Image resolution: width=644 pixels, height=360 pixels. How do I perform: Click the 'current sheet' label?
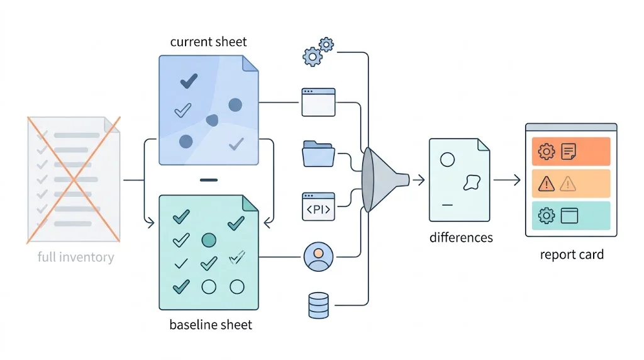point(208,42)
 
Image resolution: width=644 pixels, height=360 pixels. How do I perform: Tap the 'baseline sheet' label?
point(211,325)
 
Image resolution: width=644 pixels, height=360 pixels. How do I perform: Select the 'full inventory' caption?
point(75,257)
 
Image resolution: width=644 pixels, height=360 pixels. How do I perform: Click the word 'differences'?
point(461,237)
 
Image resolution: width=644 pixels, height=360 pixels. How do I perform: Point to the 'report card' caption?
point(572,254)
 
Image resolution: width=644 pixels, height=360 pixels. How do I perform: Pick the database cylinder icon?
point(318,305)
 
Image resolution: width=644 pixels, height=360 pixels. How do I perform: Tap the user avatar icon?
point(318,257)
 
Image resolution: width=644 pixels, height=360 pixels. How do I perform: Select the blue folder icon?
point(318,154)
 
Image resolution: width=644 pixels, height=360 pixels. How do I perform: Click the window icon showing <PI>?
point(318,206)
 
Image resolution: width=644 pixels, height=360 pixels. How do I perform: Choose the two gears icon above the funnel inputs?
point(318,52)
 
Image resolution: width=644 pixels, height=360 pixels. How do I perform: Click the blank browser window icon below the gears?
point(318,102)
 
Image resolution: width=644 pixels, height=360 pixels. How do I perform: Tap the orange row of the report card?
point(571,151)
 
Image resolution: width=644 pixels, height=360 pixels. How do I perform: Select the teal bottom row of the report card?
point(571,215)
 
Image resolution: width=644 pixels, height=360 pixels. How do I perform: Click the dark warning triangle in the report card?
point(547,184)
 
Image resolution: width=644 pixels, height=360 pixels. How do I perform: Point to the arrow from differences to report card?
point(507,180)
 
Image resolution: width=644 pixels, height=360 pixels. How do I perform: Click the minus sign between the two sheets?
point(209,180)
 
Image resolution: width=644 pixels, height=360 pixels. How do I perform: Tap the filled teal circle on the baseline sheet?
point(209,240)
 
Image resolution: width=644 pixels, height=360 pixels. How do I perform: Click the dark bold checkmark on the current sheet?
point(189,81)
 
